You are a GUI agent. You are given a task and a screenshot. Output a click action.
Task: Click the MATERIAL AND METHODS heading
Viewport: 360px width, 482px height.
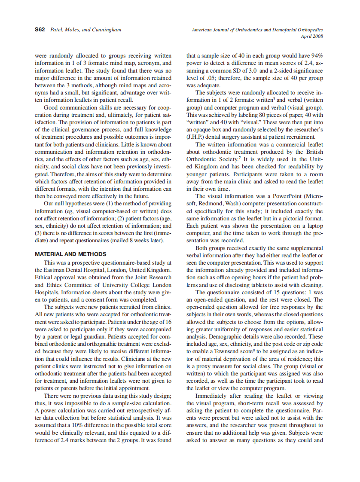pos(70,254)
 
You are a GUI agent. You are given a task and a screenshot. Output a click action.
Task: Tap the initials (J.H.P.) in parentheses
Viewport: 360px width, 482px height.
pos(195,137)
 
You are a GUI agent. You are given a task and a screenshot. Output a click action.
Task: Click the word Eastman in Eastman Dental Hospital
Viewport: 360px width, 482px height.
pos(58,269)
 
